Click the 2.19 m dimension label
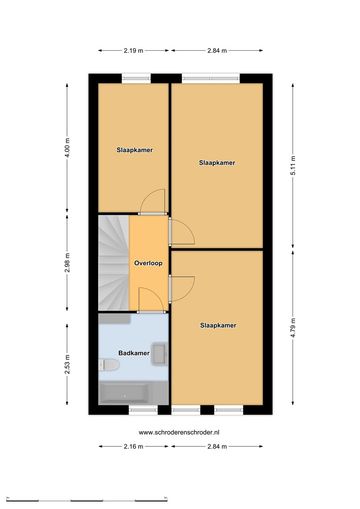point(133,51)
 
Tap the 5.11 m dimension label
point(293,165)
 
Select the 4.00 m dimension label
point(67,147)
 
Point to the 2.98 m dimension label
point(67,263)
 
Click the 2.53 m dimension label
point(67,364)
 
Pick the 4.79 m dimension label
point(293,328)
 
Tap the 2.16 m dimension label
point(133,447)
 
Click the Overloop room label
point(148,263)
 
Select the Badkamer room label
point(134,353)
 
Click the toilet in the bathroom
point(109,364)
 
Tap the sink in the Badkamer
point(160,353)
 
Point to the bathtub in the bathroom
point(133,393)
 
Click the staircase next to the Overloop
point(114,263)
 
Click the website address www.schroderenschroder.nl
point(179,432)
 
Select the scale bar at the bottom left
point(87,499)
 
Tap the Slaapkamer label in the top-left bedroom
point(135,150)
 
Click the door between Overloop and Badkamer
point(152,300)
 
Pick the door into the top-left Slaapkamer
point(152,202)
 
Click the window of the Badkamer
point(143,410)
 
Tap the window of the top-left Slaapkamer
point(136,78)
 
